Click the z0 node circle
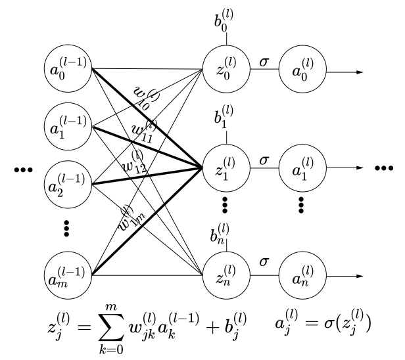point(226,68)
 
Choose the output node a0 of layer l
point(302,68)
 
